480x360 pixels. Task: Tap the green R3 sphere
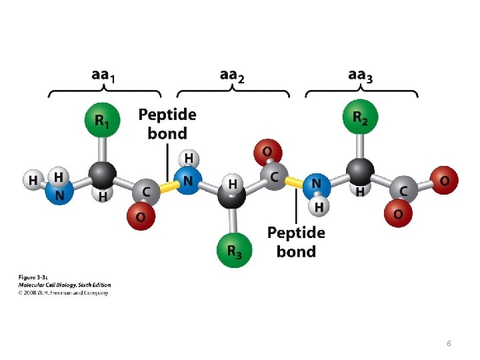233,251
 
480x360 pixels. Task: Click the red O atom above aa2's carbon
267,153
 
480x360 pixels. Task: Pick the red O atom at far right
445,181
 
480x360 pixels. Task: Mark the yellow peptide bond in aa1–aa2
167,187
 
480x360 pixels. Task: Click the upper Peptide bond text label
167,124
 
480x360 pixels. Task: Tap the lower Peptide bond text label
296,242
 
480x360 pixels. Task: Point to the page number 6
449,343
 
